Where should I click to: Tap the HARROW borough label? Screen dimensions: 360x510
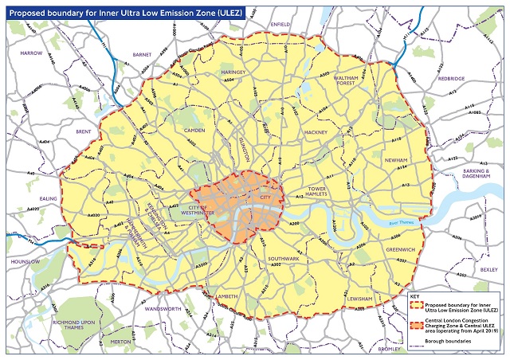[x=31, y=53]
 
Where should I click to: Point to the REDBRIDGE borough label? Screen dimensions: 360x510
[x=450, y=79]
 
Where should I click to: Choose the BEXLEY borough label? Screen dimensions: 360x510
[x=488, y=269]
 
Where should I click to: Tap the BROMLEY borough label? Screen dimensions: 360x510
[x=390, y=349]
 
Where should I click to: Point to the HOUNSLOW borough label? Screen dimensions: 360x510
[x=25, y=261]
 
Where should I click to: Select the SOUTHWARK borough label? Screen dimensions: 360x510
[x=284, y=259]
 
